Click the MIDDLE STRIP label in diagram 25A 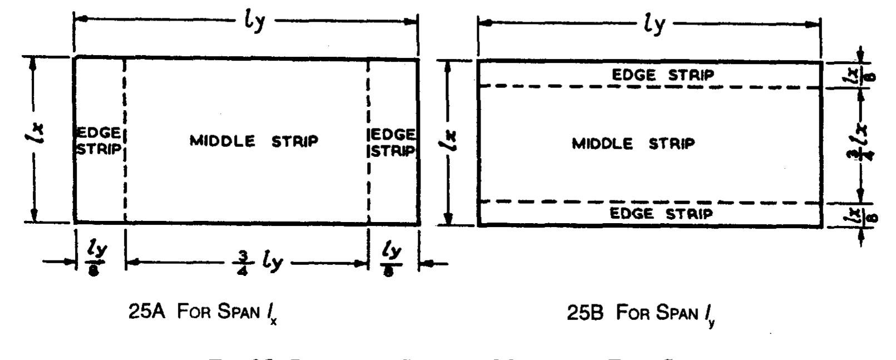pos(254,141)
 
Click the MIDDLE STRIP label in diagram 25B pos(633,144)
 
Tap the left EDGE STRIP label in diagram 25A pos(98,142)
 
